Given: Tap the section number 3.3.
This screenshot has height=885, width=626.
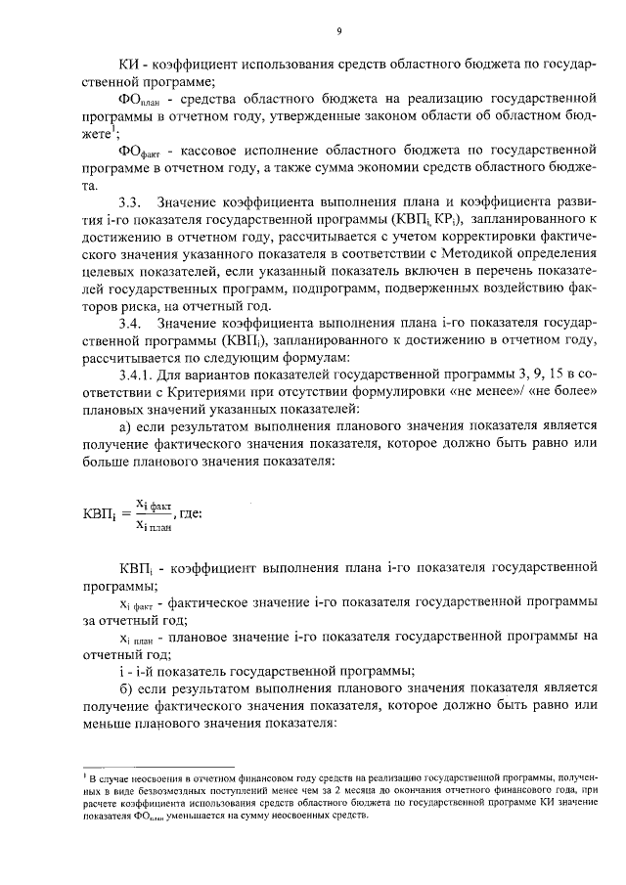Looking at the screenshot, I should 129,201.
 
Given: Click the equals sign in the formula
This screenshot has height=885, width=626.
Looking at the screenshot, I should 124,511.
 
